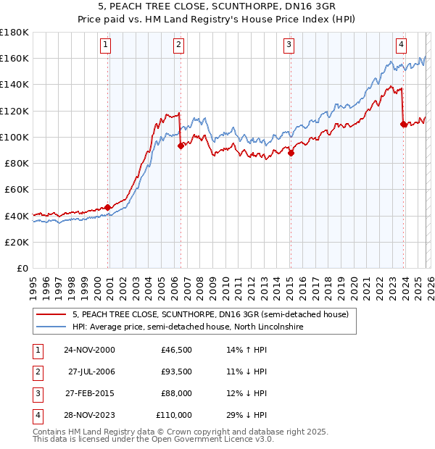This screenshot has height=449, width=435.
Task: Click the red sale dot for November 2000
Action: pyautogui.click(x=108, y=207)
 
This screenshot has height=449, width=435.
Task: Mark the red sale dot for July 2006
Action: pyautogui.click(x=181, y=146)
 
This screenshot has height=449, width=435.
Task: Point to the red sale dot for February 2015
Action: pyautogui.click(x=291, y=153)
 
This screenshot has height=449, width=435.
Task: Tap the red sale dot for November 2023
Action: pyautogui.click(x=403, y=124)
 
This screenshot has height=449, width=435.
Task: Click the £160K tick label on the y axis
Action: pyautogui.click(x=14, y=58)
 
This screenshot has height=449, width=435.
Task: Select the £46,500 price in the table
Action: pyautogui.click(x=176, y=350)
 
